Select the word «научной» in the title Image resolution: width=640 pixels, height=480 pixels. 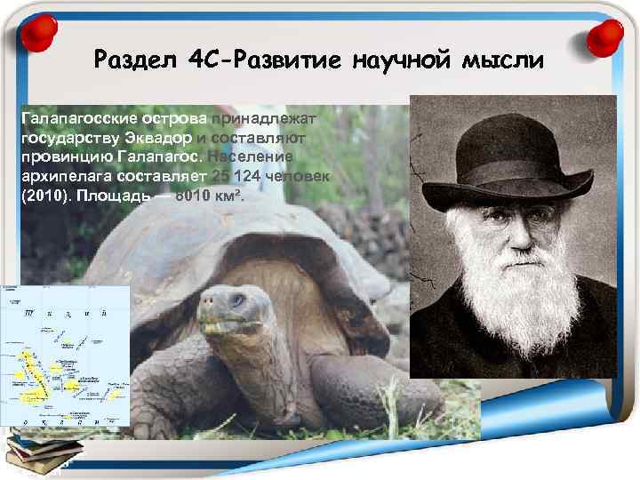pos(404,61)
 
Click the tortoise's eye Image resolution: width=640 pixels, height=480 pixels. pos(236,300)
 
